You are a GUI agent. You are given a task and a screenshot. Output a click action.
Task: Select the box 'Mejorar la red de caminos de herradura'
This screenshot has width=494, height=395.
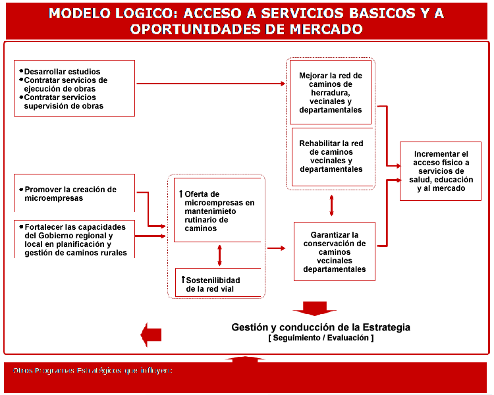point(331,92)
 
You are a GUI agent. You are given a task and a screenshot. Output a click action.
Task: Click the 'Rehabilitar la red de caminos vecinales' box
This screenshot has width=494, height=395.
point(331,156)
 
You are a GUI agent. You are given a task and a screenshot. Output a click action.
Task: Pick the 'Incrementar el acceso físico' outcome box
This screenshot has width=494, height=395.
point(441,171)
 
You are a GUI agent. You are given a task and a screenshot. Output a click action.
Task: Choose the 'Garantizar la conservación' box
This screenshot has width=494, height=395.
point(335,251)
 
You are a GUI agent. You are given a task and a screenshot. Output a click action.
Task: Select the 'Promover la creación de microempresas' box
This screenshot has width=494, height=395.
point(74,193)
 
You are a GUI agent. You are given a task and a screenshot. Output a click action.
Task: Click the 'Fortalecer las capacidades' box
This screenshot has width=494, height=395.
point(74,238)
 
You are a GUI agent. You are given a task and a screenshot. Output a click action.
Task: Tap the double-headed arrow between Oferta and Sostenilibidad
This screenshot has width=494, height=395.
point(219,255)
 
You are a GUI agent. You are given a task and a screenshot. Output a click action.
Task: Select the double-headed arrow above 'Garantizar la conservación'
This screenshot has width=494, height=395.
point(331,206)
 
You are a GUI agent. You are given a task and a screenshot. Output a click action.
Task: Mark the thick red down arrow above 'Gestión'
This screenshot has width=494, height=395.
point(314,308)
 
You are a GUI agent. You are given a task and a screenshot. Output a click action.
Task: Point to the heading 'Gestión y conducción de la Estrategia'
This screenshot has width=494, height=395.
point(321,327)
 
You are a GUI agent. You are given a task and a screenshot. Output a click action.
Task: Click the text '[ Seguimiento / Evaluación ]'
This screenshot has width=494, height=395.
point(321,338)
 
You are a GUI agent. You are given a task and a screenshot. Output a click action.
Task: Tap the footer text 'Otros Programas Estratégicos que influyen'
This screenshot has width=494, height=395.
point(92,371)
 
